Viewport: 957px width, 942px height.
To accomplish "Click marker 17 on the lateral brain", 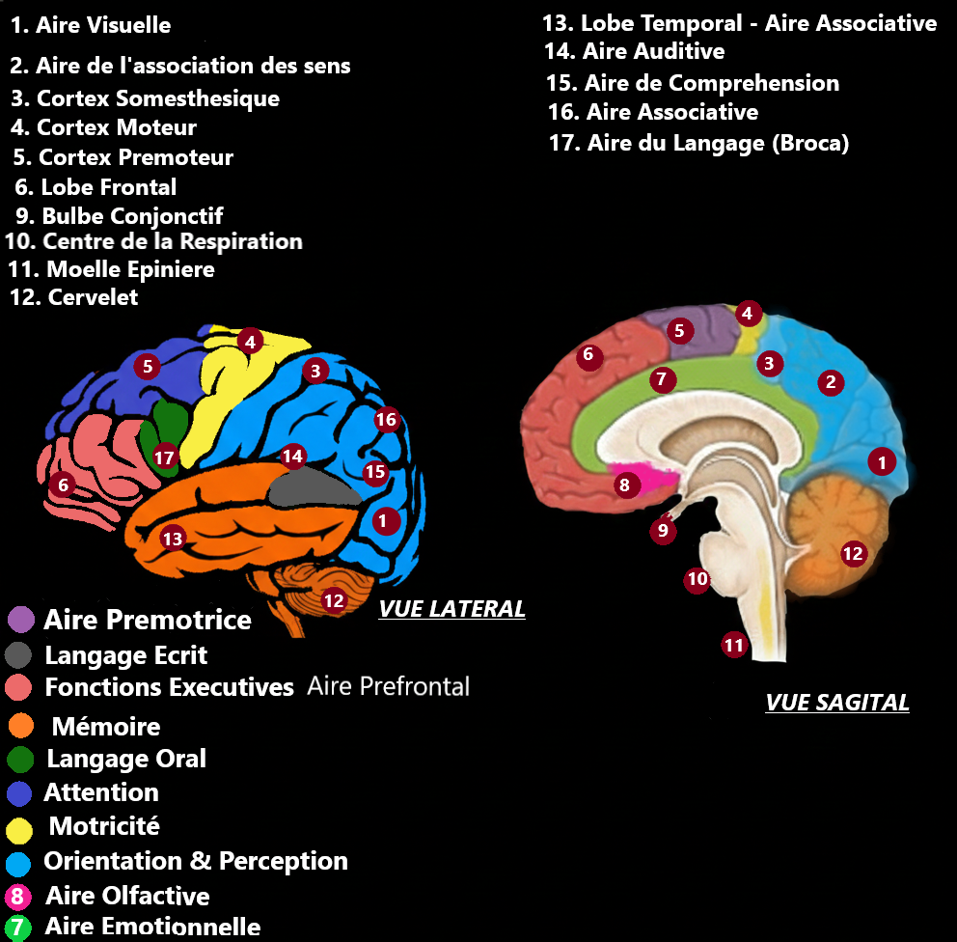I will [165, 457].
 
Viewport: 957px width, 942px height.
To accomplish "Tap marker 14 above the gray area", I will [292, 456].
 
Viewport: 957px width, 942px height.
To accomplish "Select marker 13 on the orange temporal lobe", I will [173, 539].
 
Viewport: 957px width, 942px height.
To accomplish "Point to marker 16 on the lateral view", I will [386, 420].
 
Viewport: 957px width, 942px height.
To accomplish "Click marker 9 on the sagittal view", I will [663, 529].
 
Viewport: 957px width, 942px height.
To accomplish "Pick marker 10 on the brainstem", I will [697, 579].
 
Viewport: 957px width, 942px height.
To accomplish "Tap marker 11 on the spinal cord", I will [735, 645].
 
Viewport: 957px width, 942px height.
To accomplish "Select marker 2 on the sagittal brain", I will [830, 382].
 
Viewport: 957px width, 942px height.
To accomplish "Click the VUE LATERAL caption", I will [451, 609].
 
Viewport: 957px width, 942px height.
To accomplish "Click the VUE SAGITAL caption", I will [837, 703].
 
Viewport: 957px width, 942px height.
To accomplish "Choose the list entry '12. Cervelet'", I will [73, 297].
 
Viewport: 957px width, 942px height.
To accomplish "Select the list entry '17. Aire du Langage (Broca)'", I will [698, 144].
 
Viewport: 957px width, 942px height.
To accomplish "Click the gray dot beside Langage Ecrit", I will [19, 655].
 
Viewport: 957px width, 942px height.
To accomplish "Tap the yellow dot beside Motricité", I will [20, 827].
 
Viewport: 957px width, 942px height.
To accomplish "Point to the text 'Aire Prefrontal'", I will [388, 686].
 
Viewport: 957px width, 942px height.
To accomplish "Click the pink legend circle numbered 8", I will [17, 896].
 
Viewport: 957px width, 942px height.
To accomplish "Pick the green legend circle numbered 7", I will [17, 928].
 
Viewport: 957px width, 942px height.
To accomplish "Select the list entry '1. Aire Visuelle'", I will [90, 25].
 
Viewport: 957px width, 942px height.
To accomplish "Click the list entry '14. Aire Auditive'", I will [634, 51].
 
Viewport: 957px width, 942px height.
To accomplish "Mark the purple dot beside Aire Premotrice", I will [20, 620].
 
